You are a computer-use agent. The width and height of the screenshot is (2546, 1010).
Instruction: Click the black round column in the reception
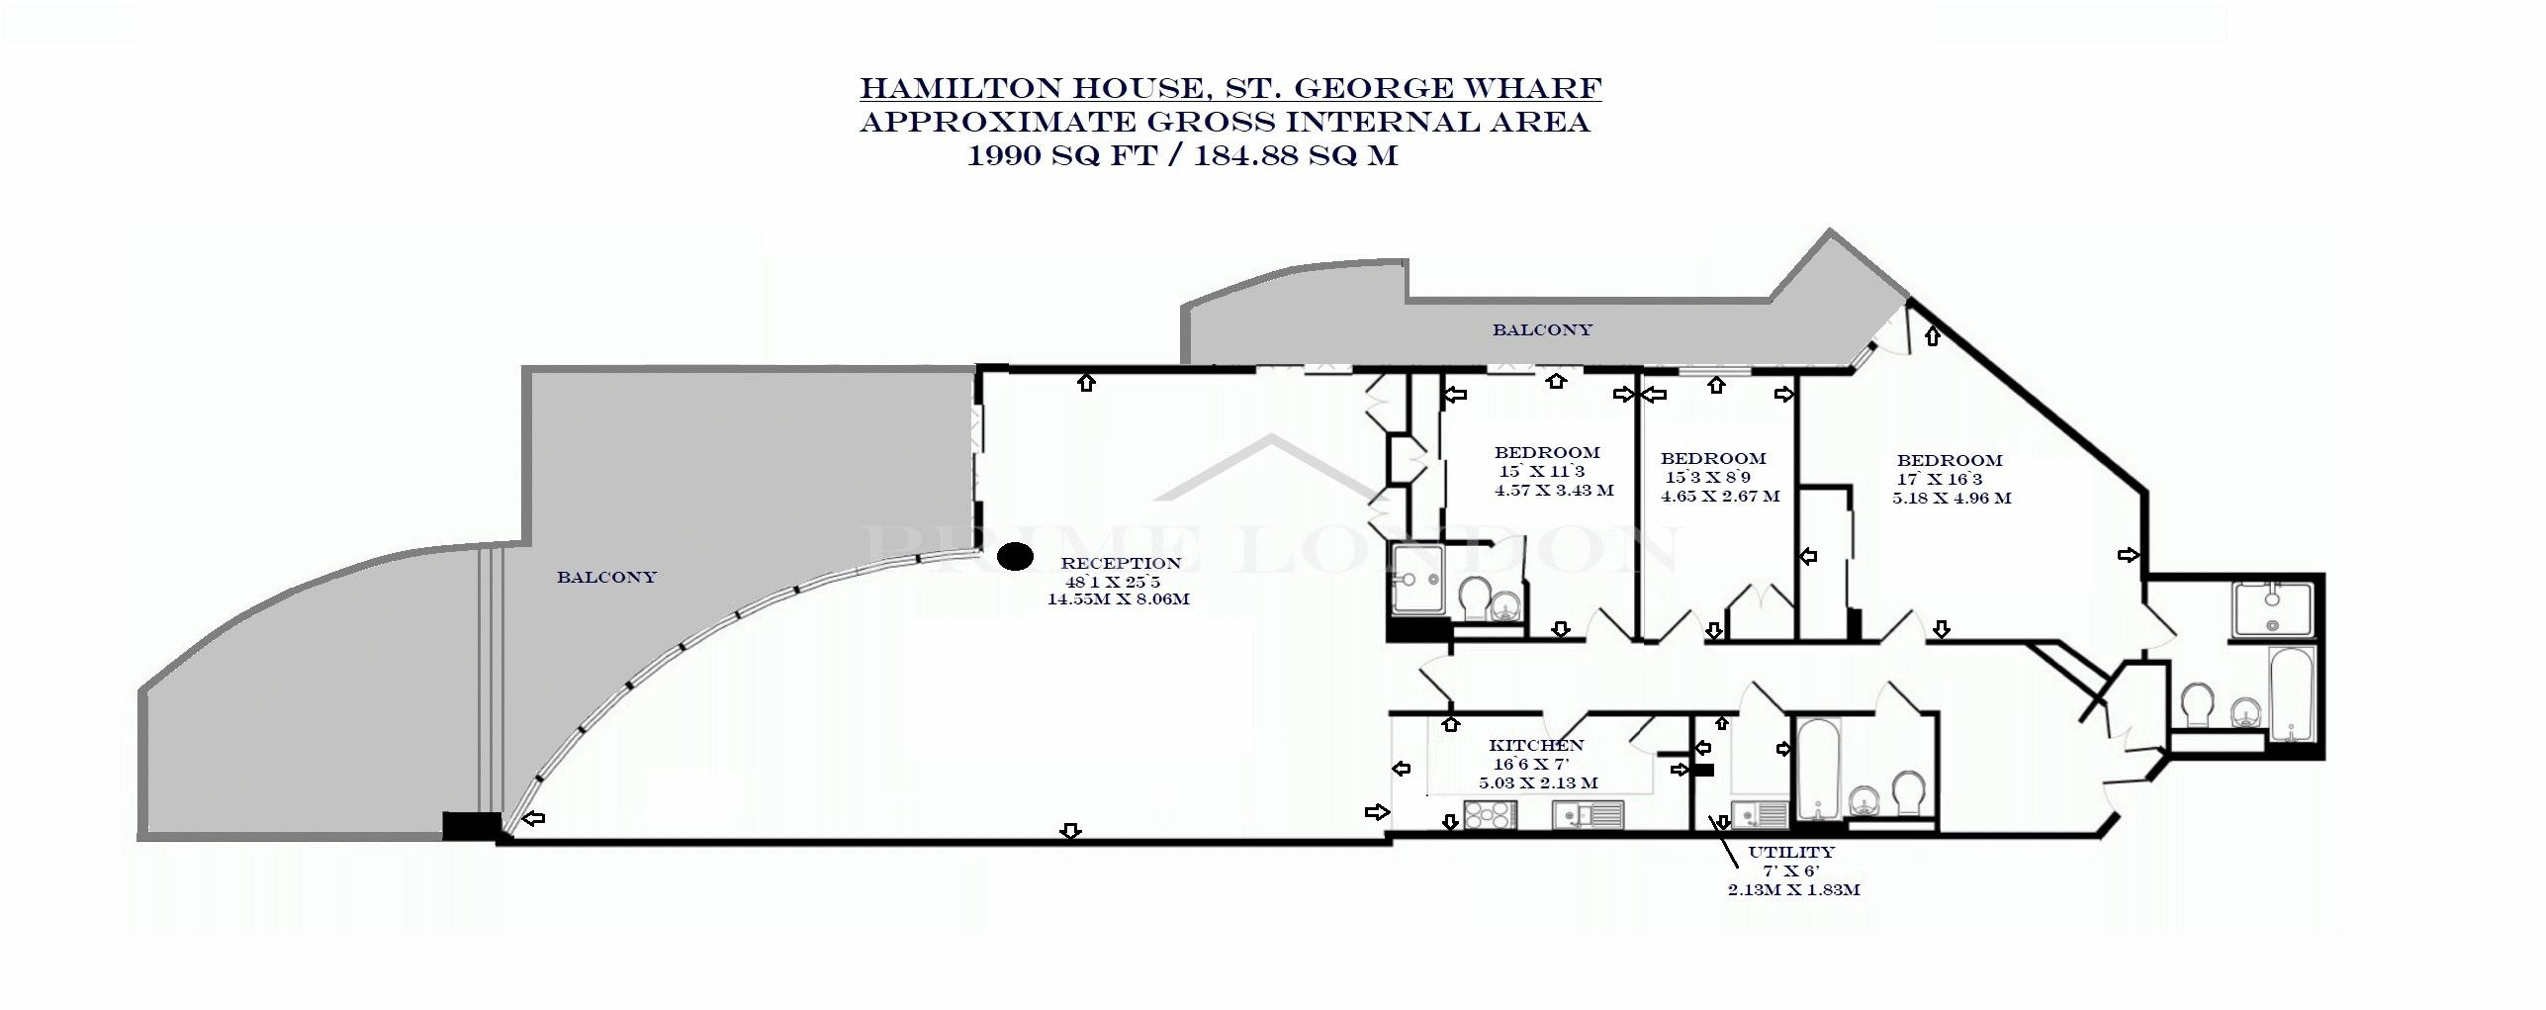click(1014, 557)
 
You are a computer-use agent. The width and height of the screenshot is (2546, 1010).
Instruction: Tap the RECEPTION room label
click(1121, 563)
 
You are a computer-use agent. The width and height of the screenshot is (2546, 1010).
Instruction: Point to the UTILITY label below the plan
click(1791, 852)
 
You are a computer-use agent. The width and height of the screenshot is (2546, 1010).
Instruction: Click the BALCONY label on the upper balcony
click(1542, 330)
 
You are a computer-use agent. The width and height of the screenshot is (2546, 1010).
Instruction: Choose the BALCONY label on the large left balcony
click(606, 577)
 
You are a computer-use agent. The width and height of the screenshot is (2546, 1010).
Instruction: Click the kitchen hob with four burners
click(1489, 814)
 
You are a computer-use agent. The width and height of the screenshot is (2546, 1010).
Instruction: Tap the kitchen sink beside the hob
click(1589, 814)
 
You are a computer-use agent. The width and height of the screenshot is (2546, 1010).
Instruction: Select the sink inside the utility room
click(1760, 814)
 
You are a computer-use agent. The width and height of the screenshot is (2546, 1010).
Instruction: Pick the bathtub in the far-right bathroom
click(2291, 694)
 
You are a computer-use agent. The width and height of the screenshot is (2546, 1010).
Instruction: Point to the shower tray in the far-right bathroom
click(2272, 609)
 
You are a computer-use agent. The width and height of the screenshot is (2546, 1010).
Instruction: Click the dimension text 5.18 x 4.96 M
click(1952, 499)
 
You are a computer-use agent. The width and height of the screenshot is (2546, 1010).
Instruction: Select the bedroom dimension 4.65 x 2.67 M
click(1720, 496)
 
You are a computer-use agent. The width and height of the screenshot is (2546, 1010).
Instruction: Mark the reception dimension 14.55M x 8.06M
click(1118, 598)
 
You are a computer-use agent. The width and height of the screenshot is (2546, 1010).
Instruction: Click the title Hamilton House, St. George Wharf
click(1230, 88)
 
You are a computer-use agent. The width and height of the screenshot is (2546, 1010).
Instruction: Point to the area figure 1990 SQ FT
click(1061, 155)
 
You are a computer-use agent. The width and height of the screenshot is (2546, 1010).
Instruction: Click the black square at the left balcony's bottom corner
click(471, 826)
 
